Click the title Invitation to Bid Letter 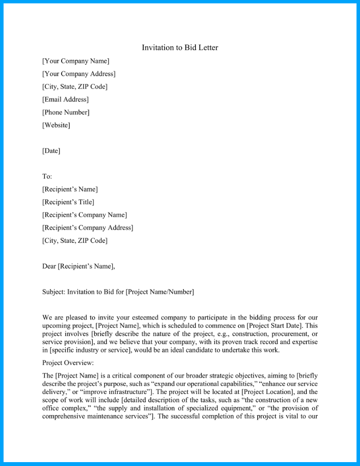coord(180,47)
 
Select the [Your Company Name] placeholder coord(76,61)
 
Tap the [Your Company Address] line coord(79,74)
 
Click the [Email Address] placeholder coord(65,99)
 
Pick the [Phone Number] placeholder coord(66,112)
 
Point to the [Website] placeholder coord(56,125)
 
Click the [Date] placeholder coord(51,151)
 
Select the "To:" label coord(47,176)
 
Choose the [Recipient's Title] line coord(68,202)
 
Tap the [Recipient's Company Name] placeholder coord(85,215)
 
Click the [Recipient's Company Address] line coord(88,227)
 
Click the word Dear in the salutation coord(49,266)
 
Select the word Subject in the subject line coord(54,292)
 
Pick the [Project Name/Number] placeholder coord(160,292)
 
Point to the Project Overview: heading coord(68,363)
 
